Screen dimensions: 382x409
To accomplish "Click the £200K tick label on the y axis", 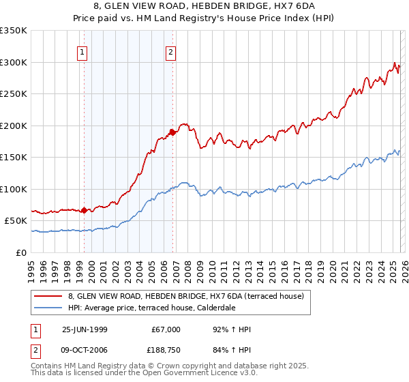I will [13, 126].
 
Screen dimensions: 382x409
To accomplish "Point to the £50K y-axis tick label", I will [15, 221].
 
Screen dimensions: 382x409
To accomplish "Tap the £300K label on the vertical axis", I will [13, 62].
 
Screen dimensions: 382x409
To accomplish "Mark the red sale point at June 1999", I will [85, 210].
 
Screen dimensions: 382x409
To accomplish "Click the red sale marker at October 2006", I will [172, 132].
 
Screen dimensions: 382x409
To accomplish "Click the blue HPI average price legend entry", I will [160, 308].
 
